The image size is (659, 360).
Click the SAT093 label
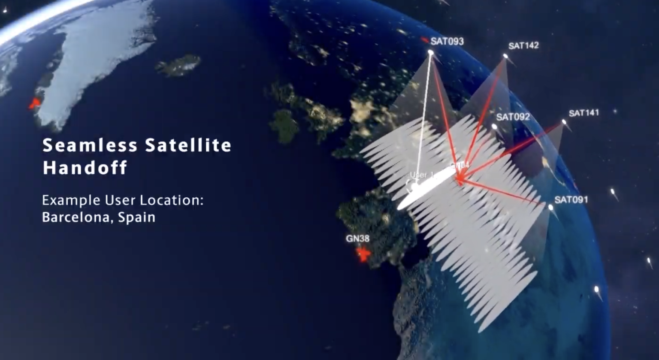(447, 41)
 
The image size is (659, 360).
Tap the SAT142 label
(523, 45)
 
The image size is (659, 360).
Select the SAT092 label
(513, 117)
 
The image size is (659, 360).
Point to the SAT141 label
(583, 113)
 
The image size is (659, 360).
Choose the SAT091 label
(571, 200)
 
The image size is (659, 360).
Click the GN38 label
(357, 238)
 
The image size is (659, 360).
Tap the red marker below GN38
(364, 254)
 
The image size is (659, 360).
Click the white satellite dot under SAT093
(431, 53)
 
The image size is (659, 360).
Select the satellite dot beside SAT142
(506, 56)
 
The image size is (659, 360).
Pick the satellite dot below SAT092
(495, 127)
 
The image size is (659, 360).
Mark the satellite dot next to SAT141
(564, 122)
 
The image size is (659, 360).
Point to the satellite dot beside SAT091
(550, 207)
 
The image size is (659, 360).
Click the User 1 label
(422, 175)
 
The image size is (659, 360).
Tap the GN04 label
(459, 165)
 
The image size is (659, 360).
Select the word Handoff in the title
(85, 167)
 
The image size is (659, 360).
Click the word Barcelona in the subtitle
(76, 217)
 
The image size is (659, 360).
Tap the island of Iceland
(178, 66)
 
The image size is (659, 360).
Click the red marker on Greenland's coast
(35, 103)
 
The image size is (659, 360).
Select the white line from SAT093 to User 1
(423, 116)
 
